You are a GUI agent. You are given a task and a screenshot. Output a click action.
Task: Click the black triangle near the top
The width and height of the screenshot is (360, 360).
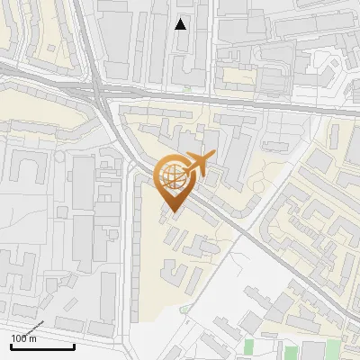pos(181,24)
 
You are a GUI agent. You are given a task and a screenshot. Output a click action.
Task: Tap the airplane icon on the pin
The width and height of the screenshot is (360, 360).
pos(196,165)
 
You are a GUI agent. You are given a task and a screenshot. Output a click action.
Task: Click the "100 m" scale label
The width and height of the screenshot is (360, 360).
pos(23,338)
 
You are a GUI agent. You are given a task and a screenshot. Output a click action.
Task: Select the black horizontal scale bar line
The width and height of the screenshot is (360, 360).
pos(41,346)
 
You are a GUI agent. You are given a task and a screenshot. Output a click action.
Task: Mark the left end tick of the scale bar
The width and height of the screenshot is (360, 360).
pos(10,346)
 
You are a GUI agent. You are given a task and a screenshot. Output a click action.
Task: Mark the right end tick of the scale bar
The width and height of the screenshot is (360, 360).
pos(74,346)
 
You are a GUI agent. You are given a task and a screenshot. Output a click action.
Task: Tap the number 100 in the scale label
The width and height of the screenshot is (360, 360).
pos(19,338)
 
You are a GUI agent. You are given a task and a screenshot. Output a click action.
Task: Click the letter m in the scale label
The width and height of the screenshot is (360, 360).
pos(33,339)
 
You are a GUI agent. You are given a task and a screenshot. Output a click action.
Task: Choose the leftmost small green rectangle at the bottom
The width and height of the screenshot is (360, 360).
pos(248,346)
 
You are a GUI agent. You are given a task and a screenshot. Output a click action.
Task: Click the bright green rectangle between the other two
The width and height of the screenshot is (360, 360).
pos(291,352)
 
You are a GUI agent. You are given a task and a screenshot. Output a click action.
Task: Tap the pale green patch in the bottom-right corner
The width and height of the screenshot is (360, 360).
pos(335,350)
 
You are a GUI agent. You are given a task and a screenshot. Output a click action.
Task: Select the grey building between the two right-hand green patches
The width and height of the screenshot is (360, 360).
pos(312,351)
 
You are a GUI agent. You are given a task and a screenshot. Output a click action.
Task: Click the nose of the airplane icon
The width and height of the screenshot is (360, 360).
pos(213,157)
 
